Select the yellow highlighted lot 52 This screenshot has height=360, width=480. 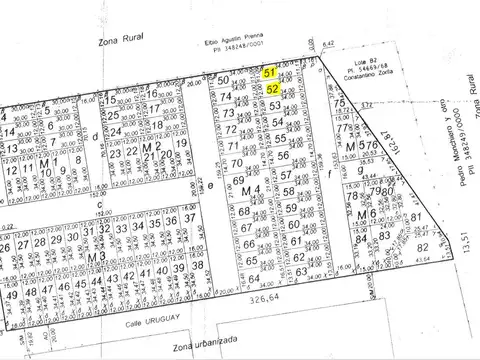(x=273, y=88)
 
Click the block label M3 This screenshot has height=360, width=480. (x=97, y=257)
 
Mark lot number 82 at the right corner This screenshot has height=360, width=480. (x=423, y=247)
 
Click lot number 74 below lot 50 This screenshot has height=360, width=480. (x=228, y=98)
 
